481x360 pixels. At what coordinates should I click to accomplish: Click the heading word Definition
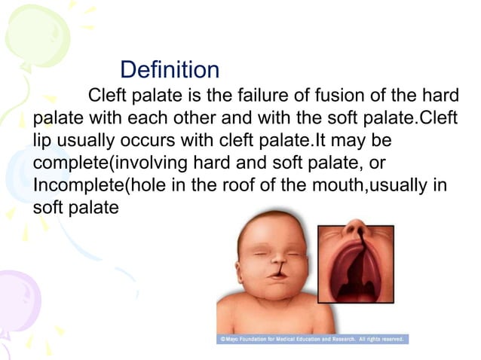(x=170, y=70)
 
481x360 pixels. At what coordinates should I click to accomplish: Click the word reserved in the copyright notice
(x=396, y=340)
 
